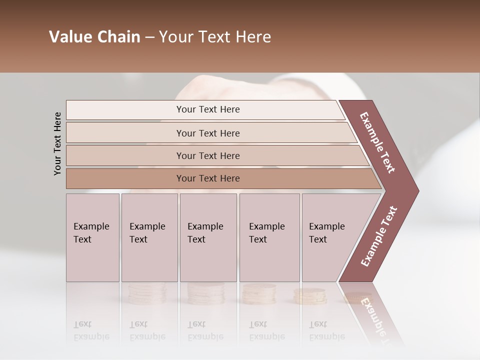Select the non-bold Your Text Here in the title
point(215,37)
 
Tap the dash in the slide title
point(149,37)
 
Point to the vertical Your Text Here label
point(57,143)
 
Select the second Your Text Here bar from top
point(208,133)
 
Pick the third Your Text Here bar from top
point(208,155)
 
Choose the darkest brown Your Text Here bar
point(208,178)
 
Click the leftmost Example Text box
point(92,237)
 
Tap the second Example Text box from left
point(149,237)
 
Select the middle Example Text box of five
point(208,237)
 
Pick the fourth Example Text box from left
point(269,237)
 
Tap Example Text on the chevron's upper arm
point(377,142)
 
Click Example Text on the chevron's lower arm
point(378,236)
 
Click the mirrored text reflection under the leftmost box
point(91,330)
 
